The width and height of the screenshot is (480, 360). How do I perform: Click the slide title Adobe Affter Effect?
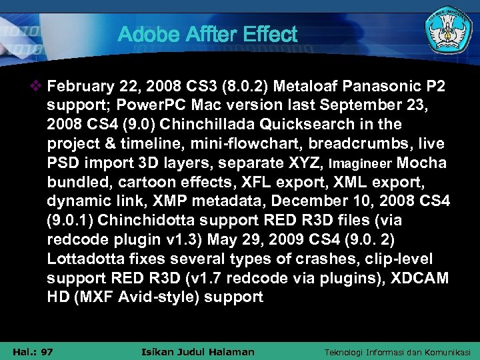click(207, 34)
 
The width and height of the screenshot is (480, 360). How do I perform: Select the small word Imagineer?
click(367, 163)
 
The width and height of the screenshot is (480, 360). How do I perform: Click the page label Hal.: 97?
click(33, 351)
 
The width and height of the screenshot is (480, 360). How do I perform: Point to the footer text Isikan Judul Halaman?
click(199, 351)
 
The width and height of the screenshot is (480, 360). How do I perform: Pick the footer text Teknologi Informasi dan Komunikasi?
click(397, 351)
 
